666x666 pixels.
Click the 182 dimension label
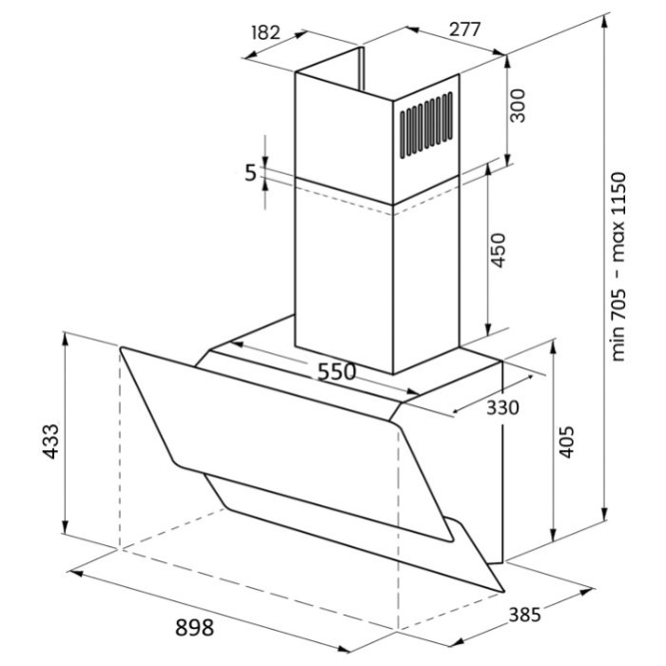[266, 32]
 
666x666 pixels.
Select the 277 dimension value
[464, 29]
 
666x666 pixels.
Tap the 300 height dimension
[517, 106]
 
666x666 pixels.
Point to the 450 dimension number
[498, 250]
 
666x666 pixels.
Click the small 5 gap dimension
[251, 173]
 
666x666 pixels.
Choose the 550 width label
[337, 372]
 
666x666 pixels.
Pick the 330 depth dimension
[502, 408]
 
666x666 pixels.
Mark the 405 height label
[566, 441]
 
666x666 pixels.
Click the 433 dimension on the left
[51, 441]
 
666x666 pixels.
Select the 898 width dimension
[195, 627]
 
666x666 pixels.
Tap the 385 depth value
[525, 615]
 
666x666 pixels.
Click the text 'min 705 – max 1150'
[618, 266]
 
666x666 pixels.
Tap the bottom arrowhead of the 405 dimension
[553, 535]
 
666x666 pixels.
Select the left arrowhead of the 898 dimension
[75, 574]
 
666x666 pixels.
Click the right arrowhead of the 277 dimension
[499, 52]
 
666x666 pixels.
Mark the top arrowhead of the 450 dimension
[488, 168]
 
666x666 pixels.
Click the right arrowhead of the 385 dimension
[586, 591]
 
